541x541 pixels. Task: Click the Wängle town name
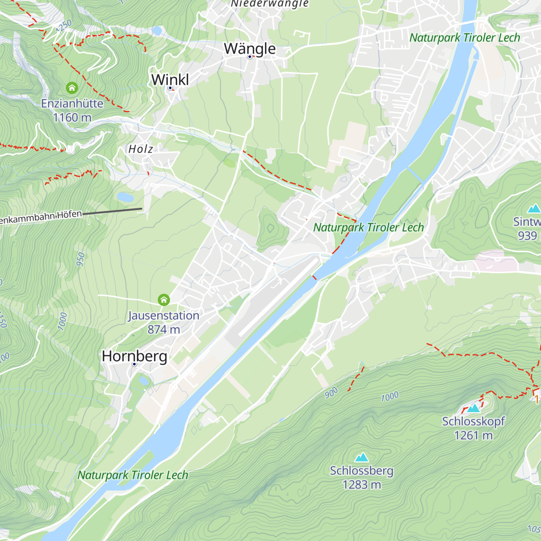[250, 48]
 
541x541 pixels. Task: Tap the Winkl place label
[170, 79]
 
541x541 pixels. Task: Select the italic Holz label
[141, 149]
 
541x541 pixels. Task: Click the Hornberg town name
[134, 356]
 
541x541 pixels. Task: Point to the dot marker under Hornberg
[134, 364]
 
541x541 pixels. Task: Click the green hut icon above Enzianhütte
[72, 87]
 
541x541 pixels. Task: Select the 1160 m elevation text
[72, 118]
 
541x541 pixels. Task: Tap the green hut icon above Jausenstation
[164, 300]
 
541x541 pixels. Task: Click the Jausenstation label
[164, 316]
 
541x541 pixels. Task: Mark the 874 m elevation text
[164, 330]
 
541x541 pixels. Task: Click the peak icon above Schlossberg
[362, 458]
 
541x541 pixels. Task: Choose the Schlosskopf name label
[473, 422]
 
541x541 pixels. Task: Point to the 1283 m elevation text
[362, 485]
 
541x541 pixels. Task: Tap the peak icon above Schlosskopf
[473, 408]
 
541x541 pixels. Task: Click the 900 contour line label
[331, 393]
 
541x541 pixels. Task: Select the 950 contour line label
[81, 259]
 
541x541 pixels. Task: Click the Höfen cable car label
[41, 217]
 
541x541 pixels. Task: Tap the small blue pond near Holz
[125, 197]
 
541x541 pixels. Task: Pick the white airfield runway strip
[277, 298]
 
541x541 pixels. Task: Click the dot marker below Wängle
[249, 57]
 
